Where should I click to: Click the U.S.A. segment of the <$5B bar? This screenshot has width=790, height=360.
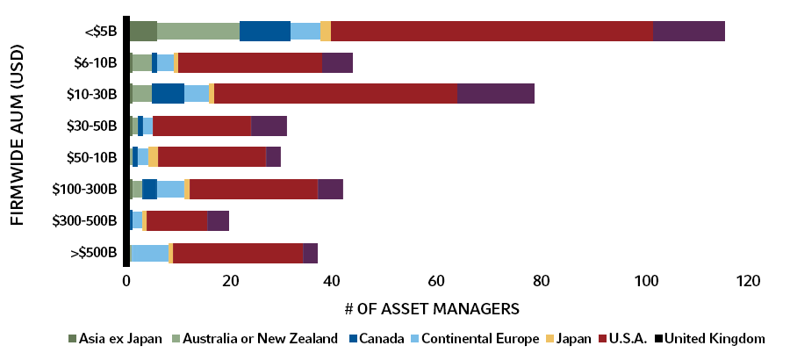click(492, 30)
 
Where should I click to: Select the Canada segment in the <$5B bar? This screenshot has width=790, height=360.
click(265, 30)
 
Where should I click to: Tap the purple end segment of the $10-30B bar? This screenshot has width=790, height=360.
click(496, 93)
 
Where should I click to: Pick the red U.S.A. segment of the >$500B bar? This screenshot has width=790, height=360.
click(238, 253)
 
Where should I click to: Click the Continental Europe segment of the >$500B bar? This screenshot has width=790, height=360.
click(150, 253)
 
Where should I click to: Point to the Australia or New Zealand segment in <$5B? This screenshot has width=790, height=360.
click(198, 30)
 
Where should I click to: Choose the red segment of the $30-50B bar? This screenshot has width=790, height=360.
click(202, 126)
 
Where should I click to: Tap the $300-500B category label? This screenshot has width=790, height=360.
click(86, 221)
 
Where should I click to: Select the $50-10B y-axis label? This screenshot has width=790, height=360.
click(92, 157)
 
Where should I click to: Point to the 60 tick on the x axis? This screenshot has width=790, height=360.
click(436, 282)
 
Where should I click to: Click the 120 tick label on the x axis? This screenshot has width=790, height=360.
click(746, 282)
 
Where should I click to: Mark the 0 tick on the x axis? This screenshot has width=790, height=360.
click(127, 282)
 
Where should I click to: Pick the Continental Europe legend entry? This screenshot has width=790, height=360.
click(474, 338)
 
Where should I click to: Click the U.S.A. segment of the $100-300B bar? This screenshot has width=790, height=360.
click(254, 189)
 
